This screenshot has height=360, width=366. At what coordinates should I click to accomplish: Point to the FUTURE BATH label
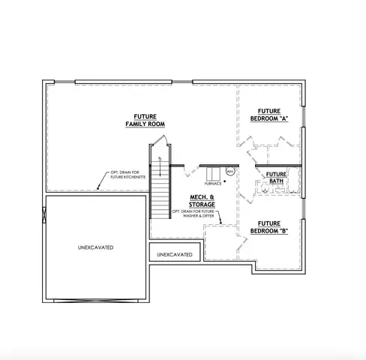point(277,178)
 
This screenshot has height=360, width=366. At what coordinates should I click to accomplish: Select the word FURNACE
point(214,184)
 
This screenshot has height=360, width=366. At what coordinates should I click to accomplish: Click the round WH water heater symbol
point(230,172)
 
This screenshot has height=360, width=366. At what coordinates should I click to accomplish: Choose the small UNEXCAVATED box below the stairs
point(174,255)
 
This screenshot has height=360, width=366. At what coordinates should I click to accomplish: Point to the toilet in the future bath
point(264,189)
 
